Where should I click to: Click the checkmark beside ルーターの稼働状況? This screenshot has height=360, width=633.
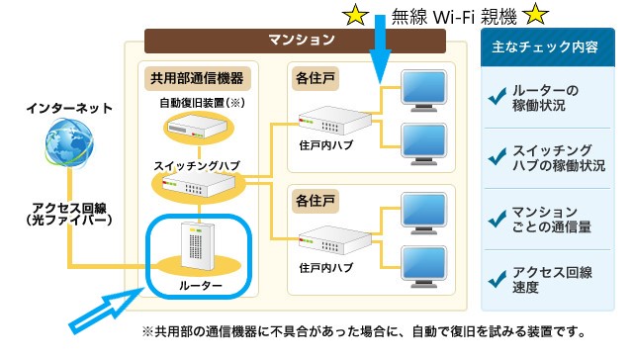tap(497, 98)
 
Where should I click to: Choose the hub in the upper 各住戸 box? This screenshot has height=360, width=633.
tap(331, 124)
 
